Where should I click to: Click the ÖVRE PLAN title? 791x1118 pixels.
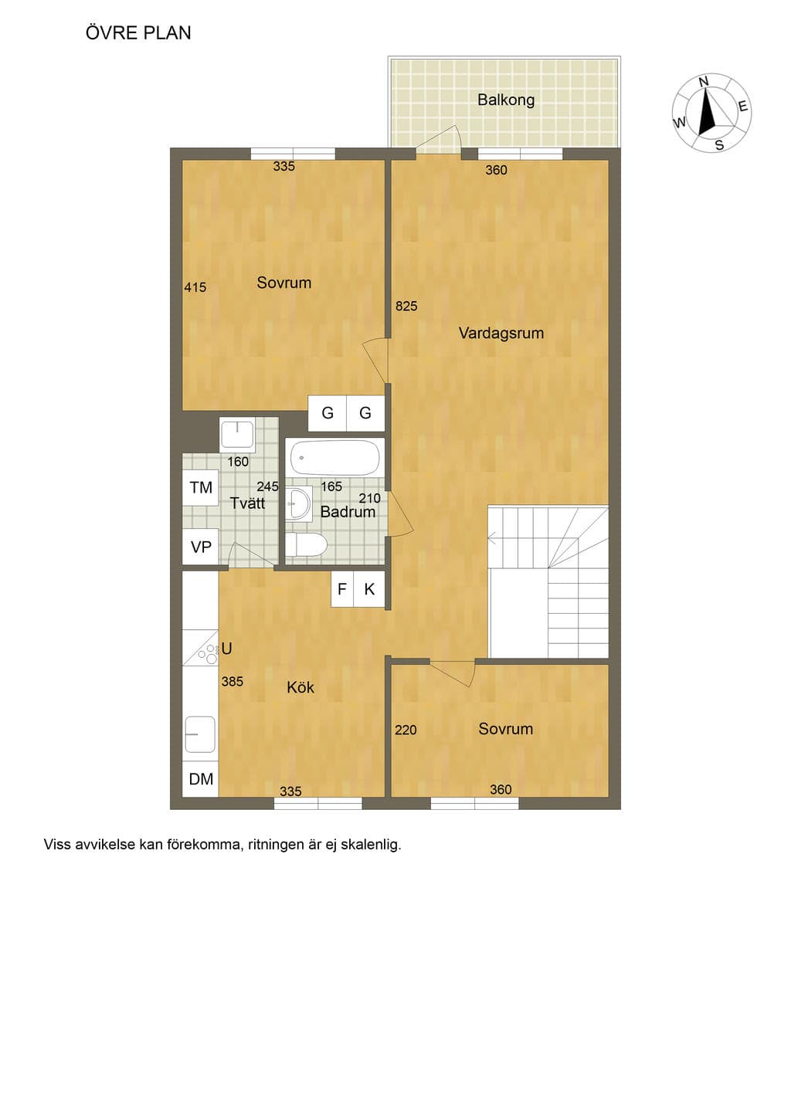[x=138, y=33]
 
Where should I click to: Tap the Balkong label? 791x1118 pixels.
[x=506, y=100]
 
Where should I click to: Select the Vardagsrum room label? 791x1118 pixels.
[x=501, y=334]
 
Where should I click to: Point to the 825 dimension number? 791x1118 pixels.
[x=406, y=307]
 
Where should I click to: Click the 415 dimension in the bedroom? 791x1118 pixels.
[x=195, y=287]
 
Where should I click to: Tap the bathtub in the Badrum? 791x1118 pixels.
[x=335, y=457]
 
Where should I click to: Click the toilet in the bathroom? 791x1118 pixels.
[x=307, y=544]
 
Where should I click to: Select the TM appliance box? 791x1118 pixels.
[x=201, y=488]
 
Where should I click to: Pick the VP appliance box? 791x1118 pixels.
[x=201, y=547]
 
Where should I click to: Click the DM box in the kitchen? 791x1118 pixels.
[x=201, y=779]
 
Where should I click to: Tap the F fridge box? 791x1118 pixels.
[x=342, y=589]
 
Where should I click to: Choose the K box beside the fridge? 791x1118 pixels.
[x=369, y=589]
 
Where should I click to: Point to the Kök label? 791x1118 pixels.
[x=300, y=688]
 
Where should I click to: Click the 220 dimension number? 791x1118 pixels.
[x=406, y=730]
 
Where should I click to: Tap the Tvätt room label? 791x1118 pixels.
[x=247, y=503]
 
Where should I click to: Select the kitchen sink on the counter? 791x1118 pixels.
[x=200, y=734]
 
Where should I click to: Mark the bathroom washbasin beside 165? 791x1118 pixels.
[x=299, y=503]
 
